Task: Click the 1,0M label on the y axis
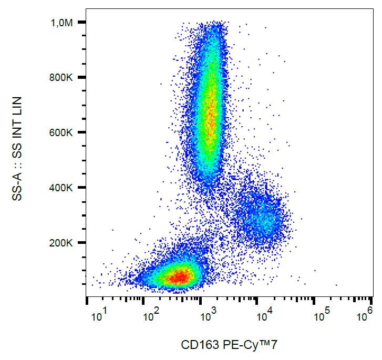[x=61, y=23]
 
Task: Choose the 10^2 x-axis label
[x=153, y=316]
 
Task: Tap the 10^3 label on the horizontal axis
[x=210, y=316]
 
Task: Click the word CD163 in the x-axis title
[x=195, y=345]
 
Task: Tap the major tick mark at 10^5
[x=314, y=301]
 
